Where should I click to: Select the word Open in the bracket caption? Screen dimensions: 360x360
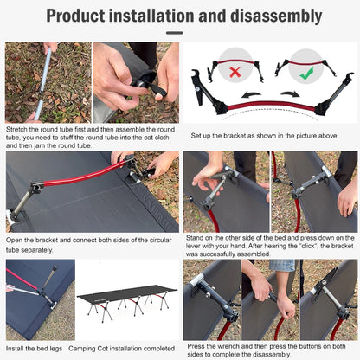16,241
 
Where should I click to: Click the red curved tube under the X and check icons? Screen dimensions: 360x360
267,105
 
